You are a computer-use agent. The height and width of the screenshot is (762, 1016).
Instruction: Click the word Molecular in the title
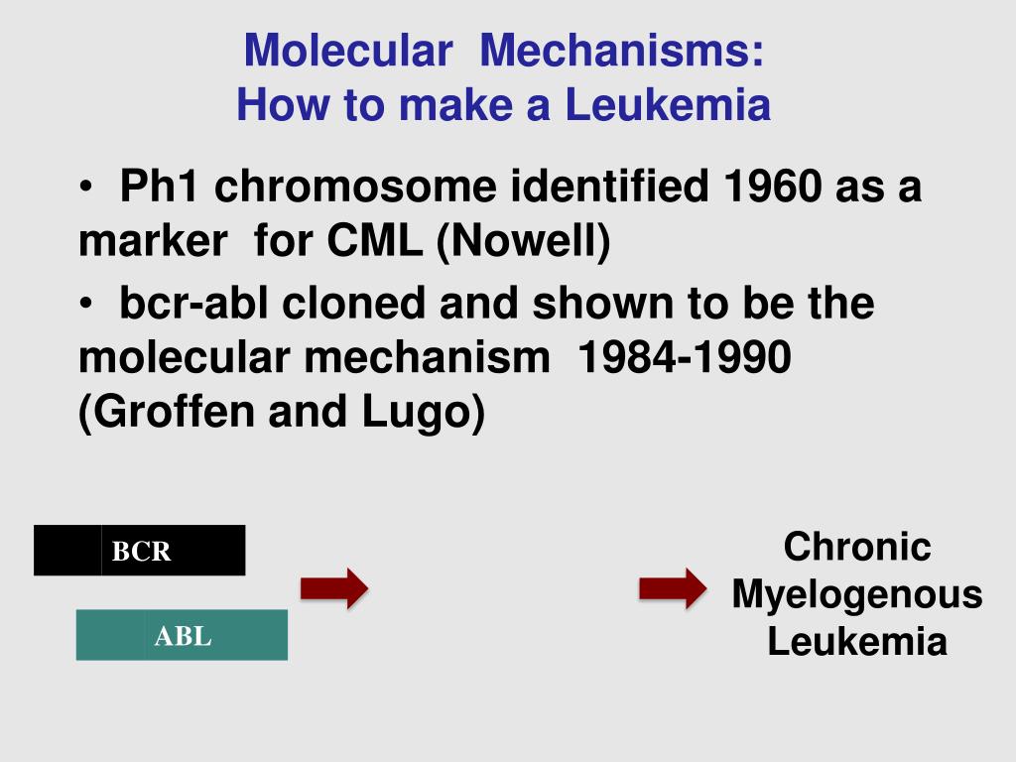(347, 51)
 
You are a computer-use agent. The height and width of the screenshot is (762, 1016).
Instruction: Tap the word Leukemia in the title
(669, 104)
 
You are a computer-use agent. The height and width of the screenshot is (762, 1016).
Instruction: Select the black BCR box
(140, 551)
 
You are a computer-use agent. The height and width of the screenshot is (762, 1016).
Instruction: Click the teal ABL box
(183, 635)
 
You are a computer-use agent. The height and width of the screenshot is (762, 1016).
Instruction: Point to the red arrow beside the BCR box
(334, 589)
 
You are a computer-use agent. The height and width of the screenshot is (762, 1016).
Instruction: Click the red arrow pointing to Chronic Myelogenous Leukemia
(673, 588)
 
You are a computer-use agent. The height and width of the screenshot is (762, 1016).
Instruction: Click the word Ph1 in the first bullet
(159, 187)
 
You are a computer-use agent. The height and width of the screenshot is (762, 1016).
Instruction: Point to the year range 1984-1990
(685, 357)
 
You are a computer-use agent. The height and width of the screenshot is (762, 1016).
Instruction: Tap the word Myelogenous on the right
(857, 595)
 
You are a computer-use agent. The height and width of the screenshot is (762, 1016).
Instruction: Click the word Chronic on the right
(857, 547)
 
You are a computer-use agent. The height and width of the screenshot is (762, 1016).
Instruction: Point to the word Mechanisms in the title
(622, 51)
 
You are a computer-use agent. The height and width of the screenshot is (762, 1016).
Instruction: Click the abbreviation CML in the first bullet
(380, 241)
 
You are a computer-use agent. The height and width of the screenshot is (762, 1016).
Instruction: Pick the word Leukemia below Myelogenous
(857, 642)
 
